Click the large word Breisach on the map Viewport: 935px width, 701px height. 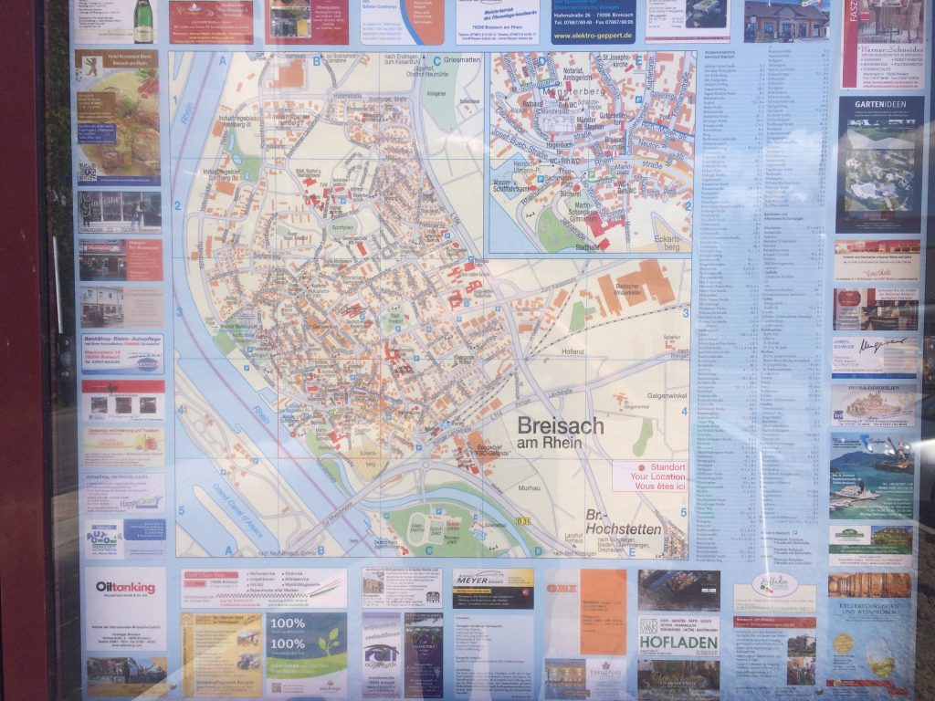point(561,425)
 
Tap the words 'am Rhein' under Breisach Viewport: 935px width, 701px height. point(548,444)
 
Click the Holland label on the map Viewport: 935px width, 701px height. point(572,351)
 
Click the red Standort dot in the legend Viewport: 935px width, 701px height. point(617,466)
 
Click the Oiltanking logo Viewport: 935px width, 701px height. point(125,589)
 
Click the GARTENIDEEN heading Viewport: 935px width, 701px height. point(879,106)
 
